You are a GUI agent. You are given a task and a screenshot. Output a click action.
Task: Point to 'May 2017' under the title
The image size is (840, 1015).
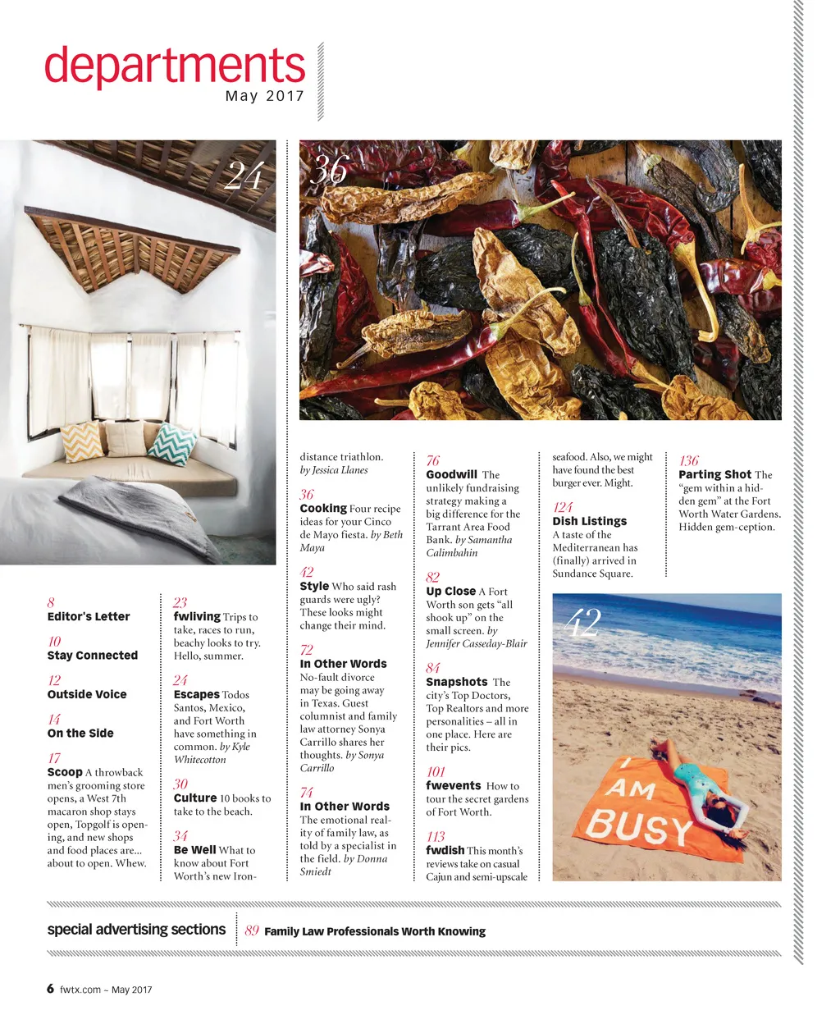point(264,96)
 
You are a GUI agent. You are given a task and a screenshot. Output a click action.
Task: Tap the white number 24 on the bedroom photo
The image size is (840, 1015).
point(244,176)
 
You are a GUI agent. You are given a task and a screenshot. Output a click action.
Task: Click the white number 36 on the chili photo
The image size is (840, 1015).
point(329,170)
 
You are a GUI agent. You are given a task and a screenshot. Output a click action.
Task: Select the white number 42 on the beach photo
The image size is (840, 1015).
point(583,623)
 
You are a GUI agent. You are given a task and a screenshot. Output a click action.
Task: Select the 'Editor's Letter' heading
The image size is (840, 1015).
point(89,616)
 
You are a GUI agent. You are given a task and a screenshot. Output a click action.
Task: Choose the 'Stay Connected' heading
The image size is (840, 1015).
point(93,656)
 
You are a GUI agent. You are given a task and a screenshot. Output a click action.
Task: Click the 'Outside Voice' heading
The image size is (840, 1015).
point(87,694)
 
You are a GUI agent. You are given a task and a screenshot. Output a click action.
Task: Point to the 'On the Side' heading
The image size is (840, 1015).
point(80,734)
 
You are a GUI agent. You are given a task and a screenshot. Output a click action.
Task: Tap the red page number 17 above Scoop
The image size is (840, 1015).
point(54,758)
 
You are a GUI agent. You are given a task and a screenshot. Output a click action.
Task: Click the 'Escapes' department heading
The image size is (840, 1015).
point(196,694)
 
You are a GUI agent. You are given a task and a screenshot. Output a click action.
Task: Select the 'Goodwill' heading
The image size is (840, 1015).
point(451,474)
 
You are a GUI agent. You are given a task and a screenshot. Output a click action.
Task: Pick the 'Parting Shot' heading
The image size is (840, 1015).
point(714,474)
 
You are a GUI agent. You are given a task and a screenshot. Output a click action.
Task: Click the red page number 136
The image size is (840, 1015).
point(689,460)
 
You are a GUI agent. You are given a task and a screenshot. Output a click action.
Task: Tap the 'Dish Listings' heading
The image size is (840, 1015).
point(589,521)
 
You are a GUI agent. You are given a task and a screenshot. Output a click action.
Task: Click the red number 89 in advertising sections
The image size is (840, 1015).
point(252,930)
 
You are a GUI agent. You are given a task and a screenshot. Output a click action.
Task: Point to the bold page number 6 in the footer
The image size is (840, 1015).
point(51,989)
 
